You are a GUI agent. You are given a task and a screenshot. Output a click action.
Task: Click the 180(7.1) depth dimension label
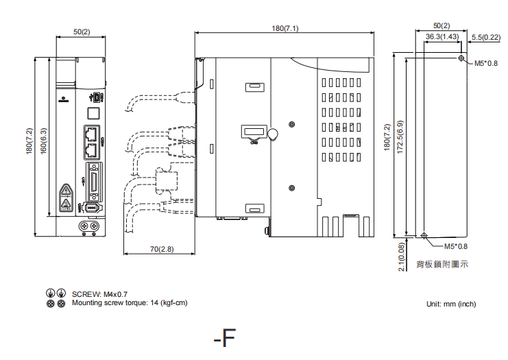(x=285, y=28)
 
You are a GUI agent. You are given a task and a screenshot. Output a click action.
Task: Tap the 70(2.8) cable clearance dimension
(x=162, y=248)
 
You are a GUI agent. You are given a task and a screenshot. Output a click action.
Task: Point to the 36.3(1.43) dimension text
(x=442, y=36)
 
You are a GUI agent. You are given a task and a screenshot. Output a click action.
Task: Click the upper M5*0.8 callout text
(x=486, y=64)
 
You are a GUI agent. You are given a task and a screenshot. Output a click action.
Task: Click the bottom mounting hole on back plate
(x=424, y=236)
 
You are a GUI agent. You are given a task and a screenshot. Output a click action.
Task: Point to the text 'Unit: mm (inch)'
(x=450, y=304)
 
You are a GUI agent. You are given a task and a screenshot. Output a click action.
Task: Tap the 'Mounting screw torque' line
(x=129, y=302)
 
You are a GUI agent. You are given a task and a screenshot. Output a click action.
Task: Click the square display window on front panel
(x=94, y=112)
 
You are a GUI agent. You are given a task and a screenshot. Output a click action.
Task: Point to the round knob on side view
(x=272, y=134)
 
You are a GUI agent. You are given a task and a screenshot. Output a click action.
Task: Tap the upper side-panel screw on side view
(x=293, y=124)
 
